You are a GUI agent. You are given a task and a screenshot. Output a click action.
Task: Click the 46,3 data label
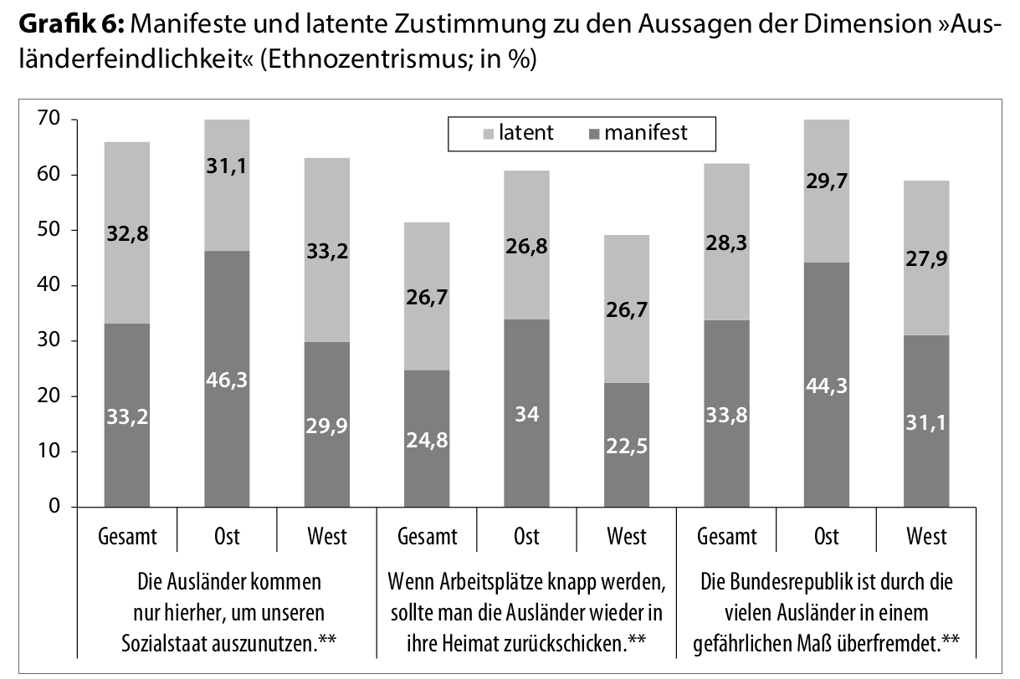(x=226, y=380)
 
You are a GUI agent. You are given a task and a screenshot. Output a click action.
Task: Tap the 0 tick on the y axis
(x=54, y=507)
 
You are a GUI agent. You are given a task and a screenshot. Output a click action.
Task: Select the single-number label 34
(x=526, y=412)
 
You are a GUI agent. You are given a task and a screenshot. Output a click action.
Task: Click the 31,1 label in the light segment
(x=226, y=166)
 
